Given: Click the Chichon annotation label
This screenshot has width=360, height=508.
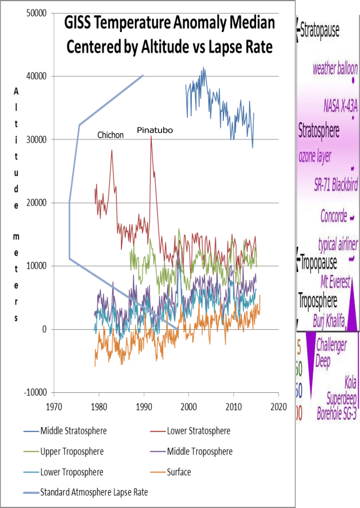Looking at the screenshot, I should pyautogui.click(x=110, y=135).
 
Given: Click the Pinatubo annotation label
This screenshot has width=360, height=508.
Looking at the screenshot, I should pyautogui.click(x=155, y=130).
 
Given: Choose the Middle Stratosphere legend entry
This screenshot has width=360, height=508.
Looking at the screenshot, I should pyautogui.click(x=73, y=431).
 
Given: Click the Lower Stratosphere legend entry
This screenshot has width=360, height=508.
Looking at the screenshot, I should pyautogui.click(x=199, y=431).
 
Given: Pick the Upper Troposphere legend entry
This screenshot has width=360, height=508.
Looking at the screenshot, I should pyautogui.click(x=71, y=451).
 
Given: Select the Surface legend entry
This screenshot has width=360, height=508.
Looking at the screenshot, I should pyautogui.click(x=179, y=472).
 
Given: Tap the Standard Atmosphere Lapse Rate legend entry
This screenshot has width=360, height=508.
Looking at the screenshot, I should pyautogui.click(x=94, y=492).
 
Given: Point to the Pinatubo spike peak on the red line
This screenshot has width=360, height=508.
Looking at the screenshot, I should pyautogui.click(x=151, y=137).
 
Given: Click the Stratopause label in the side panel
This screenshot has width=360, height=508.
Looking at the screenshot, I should pyautogui.click(x=319, y=30).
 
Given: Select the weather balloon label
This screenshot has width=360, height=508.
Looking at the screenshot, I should pyautogui.click(x=335, y=69).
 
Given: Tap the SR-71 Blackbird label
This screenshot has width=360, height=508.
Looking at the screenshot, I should pyautogui.click(x=336, y=185).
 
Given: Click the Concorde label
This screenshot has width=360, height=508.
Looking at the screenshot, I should pyautogui.click(x=334, y=216).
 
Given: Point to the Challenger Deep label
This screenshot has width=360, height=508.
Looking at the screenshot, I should pyautogui.click(x=331, y=352).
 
